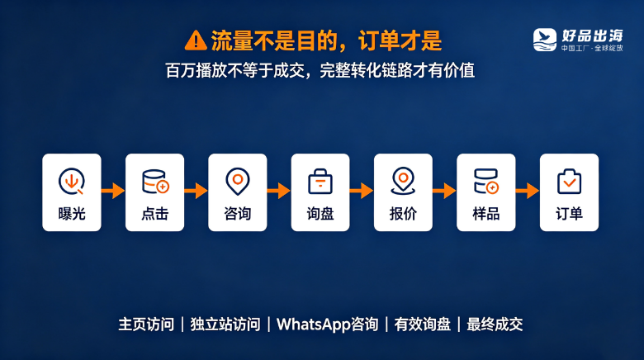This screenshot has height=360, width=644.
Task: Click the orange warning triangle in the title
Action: (196, 40)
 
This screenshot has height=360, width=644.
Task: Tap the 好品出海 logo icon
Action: (545, 40)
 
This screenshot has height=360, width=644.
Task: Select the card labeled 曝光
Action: (72, 192)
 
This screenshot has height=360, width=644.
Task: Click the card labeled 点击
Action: (155, 192)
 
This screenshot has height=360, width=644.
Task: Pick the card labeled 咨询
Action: (238, 192)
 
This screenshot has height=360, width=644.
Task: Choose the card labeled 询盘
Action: (320, 192)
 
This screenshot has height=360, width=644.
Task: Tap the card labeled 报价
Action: (403, 192)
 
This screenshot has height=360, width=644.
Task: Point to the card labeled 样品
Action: (485, 192)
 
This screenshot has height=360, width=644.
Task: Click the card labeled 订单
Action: (569, 192)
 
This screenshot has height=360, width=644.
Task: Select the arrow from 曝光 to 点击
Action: (113, 191)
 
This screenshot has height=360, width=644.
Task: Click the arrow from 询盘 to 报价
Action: (362, 191)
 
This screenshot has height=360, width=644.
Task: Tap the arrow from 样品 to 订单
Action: (528, 191)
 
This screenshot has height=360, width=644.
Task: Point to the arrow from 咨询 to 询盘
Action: (279, 191)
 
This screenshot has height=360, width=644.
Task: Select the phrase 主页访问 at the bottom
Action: (146, 324)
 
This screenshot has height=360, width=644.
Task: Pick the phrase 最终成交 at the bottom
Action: (495, 324)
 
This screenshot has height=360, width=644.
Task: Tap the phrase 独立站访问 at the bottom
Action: (225, 324)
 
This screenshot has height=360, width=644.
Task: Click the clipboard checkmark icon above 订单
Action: (569, 181)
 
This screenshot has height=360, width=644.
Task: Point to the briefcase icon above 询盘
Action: (320, 181)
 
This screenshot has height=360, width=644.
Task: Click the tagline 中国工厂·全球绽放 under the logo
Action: (592, 48)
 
